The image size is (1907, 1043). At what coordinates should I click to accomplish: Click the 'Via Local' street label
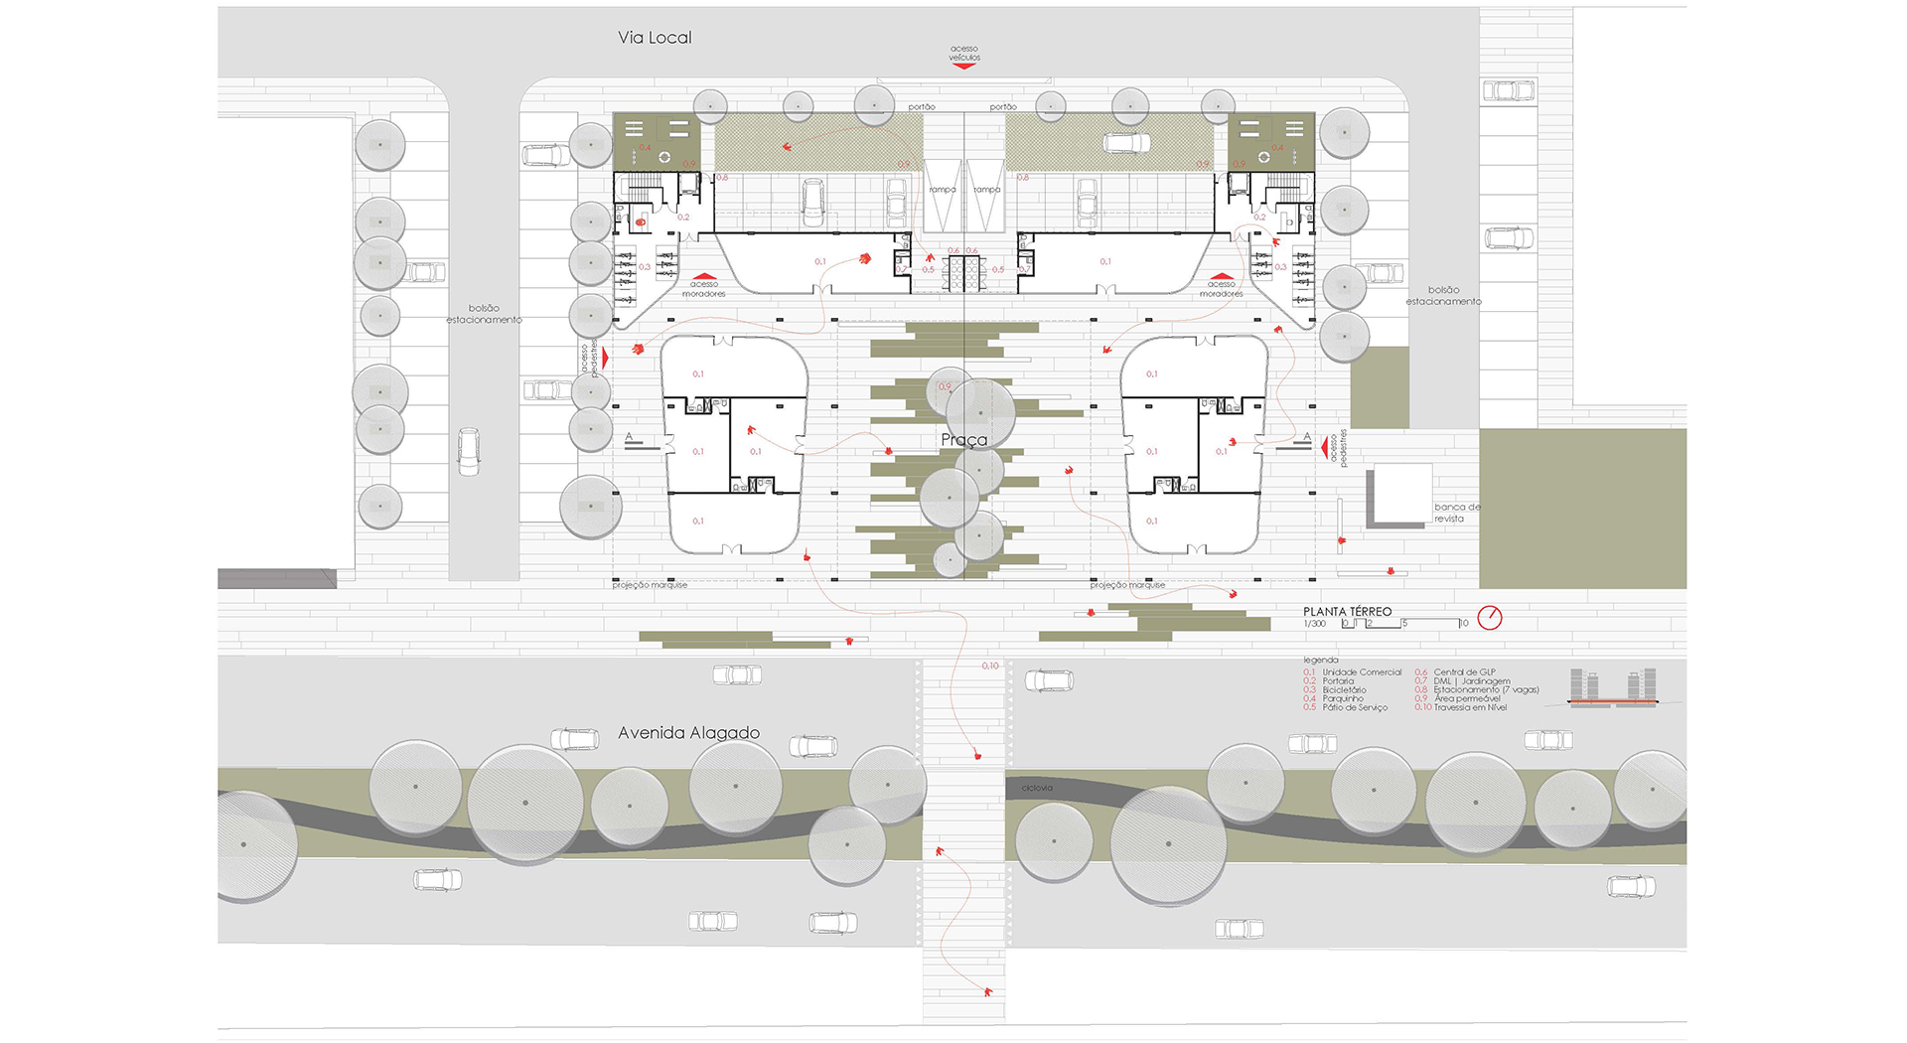point(655,38)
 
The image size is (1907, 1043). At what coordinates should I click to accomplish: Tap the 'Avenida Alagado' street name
point(688,733)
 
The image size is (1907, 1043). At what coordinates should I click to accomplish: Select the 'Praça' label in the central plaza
point(963,440)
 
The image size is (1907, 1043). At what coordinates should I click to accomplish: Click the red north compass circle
point(1489,618)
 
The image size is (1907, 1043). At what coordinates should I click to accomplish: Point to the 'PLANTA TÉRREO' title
point(1347,612)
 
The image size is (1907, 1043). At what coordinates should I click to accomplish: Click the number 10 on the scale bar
point(1463,624)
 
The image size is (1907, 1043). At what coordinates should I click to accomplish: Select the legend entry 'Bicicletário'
point(1344,690)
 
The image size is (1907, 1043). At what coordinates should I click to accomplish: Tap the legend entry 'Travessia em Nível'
point(1470,708)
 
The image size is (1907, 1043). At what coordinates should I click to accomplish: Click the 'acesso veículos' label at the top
point(963,54)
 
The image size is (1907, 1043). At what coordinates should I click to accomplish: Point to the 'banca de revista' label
point(1455,513)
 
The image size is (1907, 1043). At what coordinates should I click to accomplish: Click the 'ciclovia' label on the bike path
point(1037,788)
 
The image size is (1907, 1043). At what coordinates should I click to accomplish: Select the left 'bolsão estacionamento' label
point(484,314)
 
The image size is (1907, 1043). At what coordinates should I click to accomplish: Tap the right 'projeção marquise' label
point(1127,585)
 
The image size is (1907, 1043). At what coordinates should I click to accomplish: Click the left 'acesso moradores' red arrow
point(703,277)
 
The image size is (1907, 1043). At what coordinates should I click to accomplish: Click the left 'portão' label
point(921,107)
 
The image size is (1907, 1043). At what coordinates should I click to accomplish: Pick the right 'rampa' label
point(986,190)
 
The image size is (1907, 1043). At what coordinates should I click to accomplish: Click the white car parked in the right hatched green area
point(1126,144)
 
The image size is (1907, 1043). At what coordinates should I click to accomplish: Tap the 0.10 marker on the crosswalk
point(989,667)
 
